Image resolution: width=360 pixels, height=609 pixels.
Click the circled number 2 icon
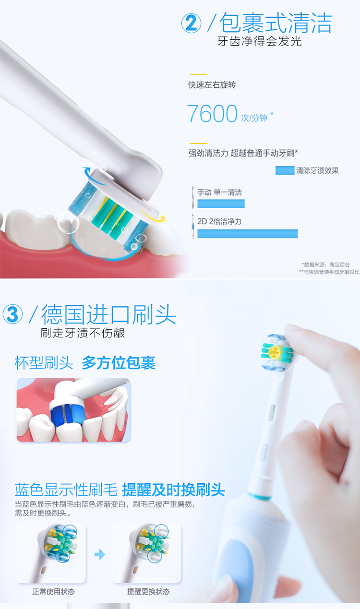[191, 24]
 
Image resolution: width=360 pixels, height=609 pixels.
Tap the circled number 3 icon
[12, 314]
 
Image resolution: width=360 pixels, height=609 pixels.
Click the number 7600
[212, 114]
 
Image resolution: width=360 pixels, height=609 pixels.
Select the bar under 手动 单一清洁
[221, 203]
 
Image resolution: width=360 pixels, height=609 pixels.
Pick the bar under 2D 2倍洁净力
[247, 234]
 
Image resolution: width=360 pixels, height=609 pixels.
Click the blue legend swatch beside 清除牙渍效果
[285, 170]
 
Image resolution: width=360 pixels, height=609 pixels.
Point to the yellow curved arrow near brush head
[154, 216]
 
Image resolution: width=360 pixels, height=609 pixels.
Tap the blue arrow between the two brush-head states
[100, 554]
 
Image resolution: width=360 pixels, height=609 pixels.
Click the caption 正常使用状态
[53, 592]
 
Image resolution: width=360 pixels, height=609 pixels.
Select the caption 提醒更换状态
[148, 592]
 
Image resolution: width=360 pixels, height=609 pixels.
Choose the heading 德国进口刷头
[109, 314]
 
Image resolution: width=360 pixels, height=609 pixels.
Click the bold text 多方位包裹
[119, 363]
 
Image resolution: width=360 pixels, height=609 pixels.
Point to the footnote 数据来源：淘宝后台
[325, 264]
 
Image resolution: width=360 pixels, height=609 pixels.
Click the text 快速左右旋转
[212, 85]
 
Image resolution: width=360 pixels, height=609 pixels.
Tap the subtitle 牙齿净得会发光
[259, 41]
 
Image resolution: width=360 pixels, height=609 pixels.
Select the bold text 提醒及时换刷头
[173, 490]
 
